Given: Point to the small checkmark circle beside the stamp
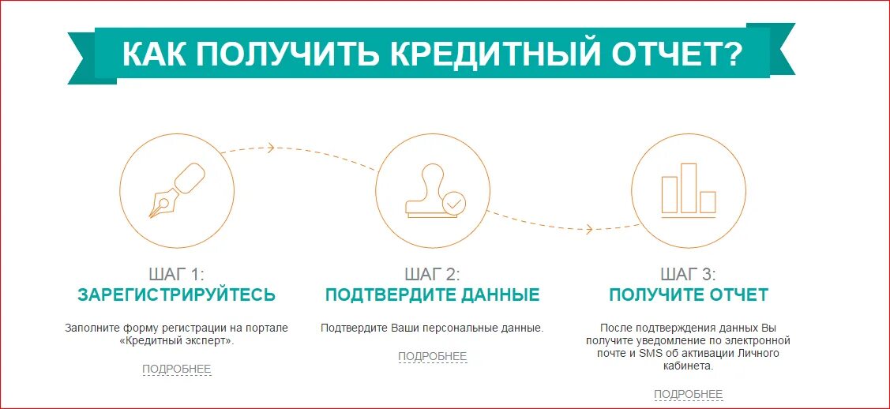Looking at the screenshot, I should click(453, 203).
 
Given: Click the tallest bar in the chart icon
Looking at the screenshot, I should click(689, 188).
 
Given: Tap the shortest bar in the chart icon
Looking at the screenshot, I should click(708, 201).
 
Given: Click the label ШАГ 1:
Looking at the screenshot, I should click(176, 275).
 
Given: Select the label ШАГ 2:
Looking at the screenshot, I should click(432, 275).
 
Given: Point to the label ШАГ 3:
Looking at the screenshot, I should click(688, 275).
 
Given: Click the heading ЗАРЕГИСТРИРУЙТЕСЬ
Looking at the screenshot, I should click(176, 295).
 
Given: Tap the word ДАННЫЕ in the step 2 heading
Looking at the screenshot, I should click(498, 295).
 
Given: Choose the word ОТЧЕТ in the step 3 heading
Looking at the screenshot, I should click(738, 295).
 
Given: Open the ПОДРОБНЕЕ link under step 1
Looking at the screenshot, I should click(177, 369).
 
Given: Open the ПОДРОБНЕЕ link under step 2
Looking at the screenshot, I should click(432, 357).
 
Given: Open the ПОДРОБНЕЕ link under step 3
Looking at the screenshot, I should click(688, 395).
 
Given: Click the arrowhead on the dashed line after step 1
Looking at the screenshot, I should click(271, 147).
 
